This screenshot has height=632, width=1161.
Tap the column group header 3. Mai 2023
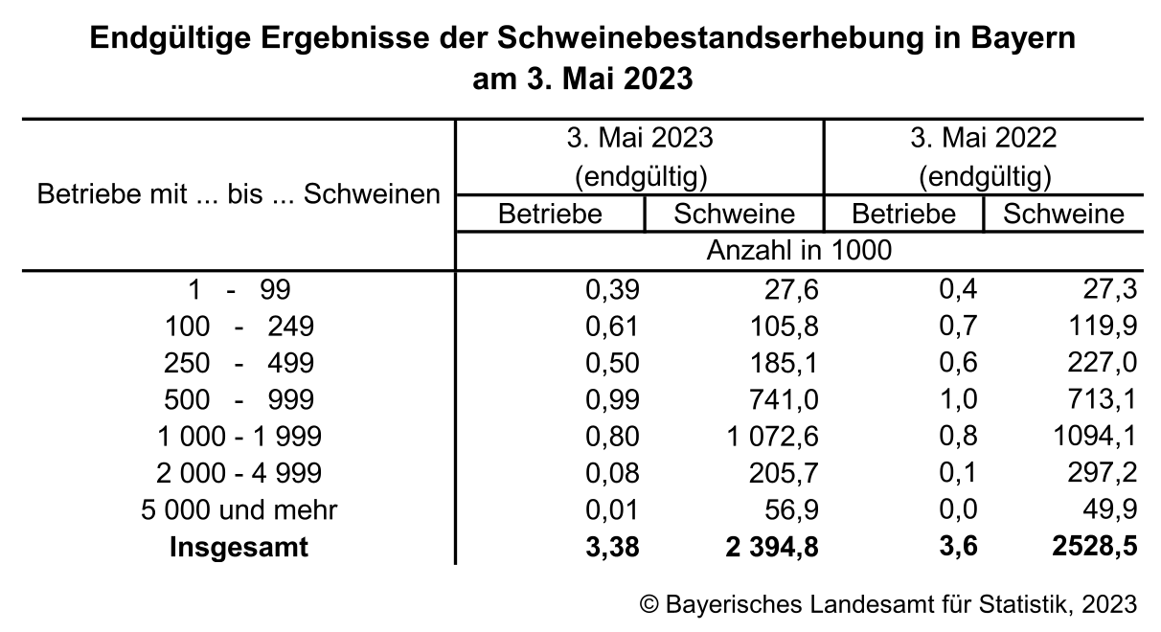639,138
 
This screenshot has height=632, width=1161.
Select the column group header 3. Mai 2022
983,138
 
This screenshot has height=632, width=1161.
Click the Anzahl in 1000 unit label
799,251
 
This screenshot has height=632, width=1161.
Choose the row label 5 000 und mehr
239,510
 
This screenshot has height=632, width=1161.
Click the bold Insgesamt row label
239,547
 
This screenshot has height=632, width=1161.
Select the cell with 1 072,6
772,438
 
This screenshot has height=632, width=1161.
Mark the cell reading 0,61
611,327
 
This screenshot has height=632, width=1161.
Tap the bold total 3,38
610,547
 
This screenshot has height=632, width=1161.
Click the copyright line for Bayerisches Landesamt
888,605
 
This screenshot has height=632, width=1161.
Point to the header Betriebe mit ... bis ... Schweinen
239,194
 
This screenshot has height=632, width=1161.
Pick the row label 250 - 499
239,364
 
